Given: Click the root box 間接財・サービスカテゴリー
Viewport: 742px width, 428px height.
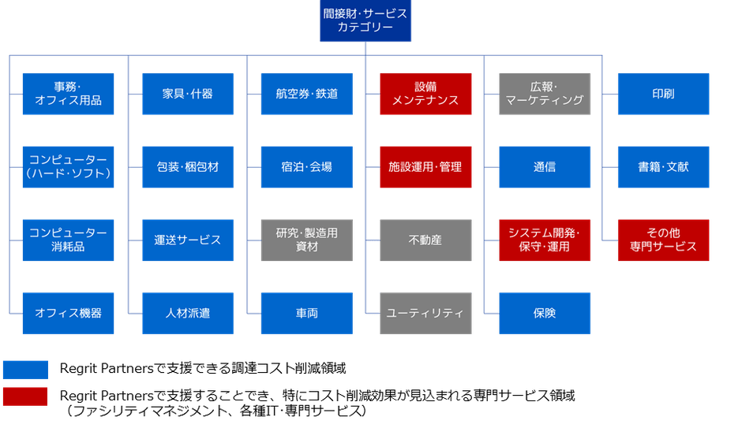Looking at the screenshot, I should pos(365,21).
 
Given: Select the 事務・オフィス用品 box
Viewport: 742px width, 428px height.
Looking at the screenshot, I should pos(69,94).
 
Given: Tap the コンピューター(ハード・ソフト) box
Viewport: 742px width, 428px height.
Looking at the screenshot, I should pos(69,167).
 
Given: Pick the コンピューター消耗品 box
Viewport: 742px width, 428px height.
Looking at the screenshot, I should pos(69,240).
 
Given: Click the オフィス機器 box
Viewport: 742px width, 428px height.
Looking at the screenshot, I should pos(69,313).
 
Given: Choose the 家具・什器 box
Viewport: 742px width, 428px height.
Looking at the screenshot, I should pos(188,94).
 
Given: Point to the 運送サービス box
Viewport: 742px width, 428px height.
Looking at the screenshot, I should pos(188,240).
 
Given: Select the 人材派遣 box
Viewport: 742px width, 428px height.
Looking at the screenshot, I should pos(188,313).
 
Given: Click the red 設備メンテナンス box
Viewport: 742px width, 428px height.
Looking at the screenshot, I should pos(425,94).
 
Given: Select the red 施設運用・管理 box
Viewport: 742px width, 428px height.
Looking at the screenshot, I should pos(425,167).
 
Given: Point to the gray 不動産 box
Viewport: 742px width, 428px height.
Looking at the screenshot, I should pos(425,240).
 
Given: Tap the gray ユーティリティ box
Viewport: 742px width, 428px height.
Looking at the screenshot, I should pos(425,313).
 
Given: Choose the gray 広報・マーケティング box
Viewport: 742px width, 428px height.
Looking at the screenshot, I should pos(545,94).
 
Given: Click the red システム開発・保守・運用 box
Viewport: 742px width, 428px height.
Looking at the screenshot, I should pos(545,240).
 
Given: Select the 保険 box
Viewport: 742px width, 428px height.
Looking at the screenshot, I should pos(545,313).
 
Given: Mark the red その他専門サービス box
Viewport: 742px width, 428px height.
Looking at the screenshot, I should pos(664,240).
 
